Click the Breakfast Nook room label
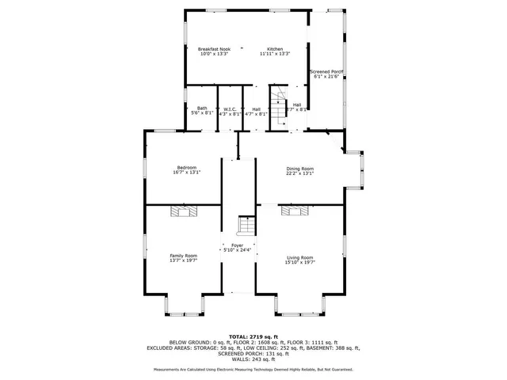(214, 49)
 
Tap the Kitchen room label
(275, 49)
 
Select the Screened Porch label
(326, 71)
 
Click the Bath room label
(202, 108)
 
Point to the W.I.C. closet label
(230, 109)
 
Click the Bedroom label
(187, 167)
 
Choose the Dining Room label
(300, 168)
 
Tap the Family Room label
(184, 256)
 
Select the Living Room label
(300, 257)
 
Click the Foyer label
(238, 245)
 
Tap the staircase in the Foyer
(247, 226)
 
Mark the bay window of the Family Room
(184, 303)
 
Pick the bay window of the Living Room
(300, 303)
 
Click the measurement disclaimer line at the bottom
(253, 370)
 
